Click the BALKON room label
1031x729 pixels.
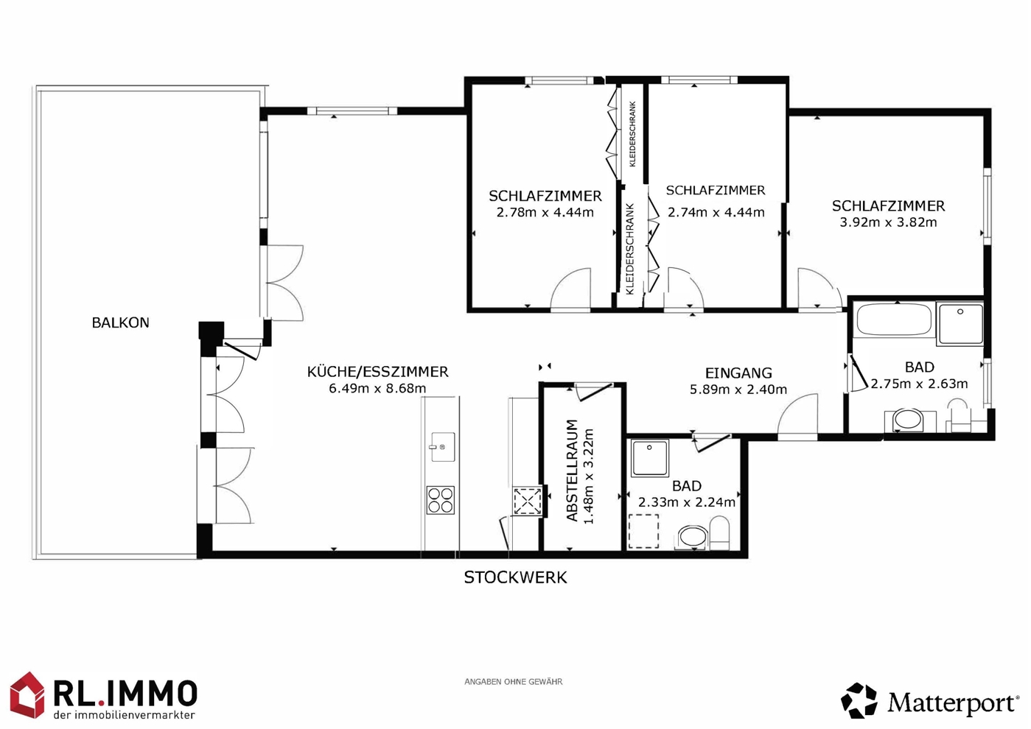121,323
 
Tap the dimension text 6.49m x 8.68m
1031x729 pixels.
377,389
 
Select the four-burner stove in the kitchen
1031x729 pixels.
441,500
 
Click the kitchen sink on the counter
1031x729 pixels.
443,446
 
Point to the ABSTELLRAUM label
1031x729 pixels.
572,471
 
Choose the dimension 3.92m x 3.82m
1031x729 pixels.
888,222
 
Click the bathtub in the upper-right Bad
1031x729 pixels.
894,320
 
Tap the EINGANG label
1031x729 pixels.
738,373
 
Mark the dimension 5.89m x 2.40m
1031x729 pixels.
738,390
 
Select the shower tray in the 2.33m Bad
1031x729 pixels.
650,458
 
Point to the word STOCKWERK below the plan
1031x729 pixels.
515,577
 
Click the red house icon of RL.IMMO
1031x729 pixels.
27,694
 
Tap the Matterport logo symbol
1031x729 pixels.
859,701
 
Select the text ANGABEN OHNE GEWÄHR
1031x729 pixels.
513,682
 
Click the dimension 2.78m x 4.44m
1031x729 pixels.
545,213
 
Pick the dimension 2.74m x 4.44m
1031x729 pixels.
716,213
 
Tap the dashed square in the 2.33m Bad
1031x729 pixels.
644,531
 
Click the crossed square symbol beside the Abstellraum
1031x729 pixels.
528,501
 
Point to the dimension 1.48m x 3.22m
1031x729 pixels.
589,476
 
